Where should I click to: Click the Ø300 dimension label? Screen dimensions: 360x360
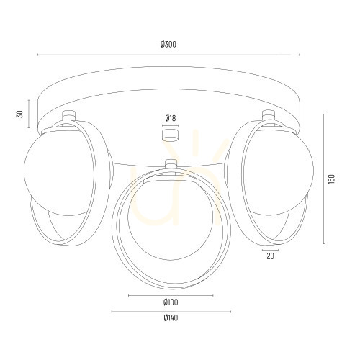pos(168,45)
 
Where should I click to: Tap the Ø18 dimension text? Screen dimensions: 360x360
pos(171,118)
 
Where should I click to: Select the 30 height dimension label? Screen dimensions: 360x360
pos(20,114)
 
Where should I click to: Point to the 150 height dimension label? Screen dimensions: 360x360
pos(331,179)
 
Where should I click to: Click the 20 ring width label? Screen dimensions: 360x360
pos(270,256)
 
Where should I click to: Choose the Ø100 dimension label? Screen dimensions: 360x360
pos(171,302)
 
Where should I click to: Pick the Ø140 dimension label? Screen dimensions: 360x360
pos(171,318)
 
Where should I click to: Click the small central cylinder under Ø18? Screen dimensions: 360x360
pos(170,135)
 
